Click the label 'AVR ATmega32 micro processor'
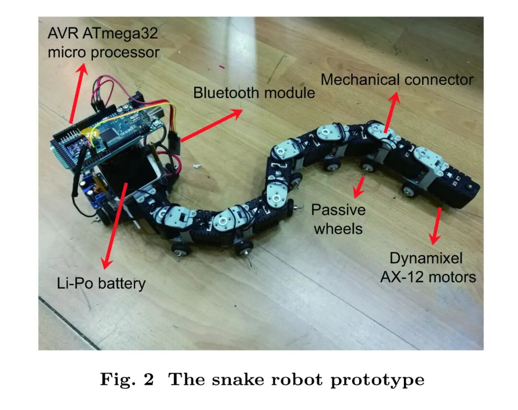pos(103,43)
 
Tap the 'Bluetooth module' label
pos(254,93)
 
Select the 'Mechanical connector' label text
pos(397,80)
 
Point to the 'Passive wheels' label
pos(338,219)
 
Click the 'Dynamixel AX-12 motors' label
pos(428,268)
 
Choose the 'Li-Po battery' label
pos(100,284)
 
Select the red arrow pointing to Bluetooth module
pos(211,125)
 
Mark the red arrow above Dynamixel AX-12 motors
pos(436,225)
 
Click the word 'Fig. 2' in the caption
pos(127,380)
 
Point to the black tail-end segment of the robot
pos(456,189)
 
